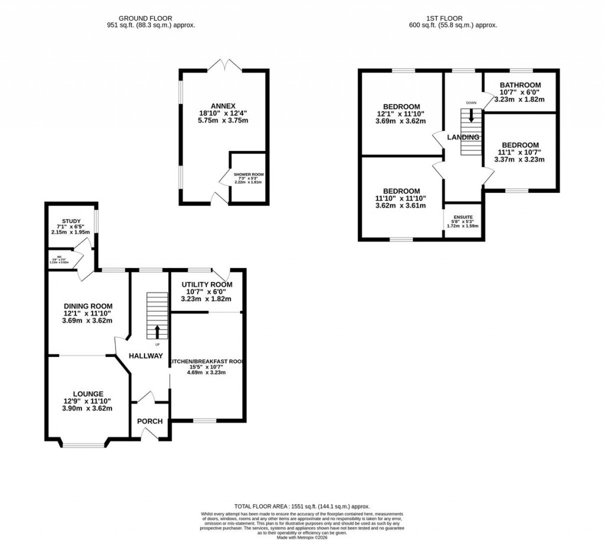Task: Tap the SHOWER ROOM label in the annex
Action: (x=248, y=175)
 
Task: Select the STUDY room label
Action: (x=71, y=221)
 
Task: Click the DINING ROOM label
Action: (x=88, y=306)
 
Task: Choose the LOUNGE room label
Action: (x=88, y=394)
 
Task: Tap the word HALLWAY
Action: (x=146, y=356)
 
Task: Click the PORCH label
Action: (x=150, y=421)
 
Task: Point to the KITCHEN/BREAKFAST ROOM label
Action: (x=206, y=361)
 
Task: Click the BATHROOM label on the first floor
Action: (x=520, y=85)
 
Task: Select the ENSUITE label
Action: (x=462, y=217)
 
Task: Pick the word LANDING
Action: (x=463, y=138)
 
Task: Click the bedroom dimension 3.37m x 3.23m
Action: (x=520, y=159)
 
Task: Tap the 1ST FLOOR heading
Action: (x=452, y=18)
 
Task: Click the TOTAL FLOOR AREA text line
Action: (x=301, y=506)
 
